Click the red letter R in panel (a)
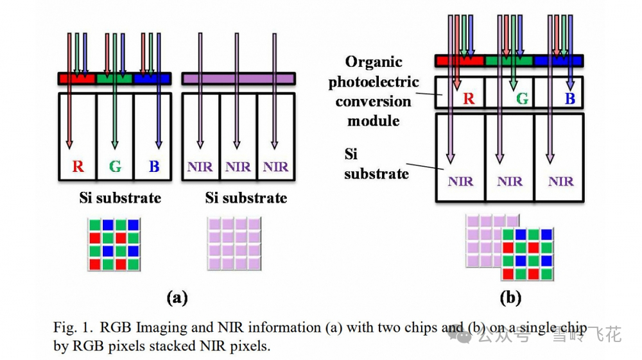click(78, 167)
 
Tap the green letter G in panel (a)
click(116, 167)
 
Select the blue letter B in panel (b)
click(570, 99)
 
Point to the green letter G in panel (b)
click(523, 99)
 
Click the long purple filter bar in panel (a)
click(238, 78)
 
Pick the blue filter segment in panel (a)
click(152, 78)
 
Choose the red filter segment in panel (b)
click(458, 61)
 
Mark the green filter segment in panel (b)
click(509, 61)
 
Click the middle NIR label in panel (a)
click(238, 167)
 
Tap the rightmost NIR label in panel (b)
click(560, 182)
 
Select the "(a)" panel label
click(177, 298)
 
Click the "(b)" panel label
click(510, 298)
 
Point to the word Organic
click(374, 62)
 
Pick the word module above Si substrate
click(374, 121)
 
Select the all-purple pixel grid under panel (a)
click(233, 244)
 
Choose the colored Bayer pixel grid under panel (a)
click(114, 244)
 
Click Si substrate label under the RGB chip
click(120, 198)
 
